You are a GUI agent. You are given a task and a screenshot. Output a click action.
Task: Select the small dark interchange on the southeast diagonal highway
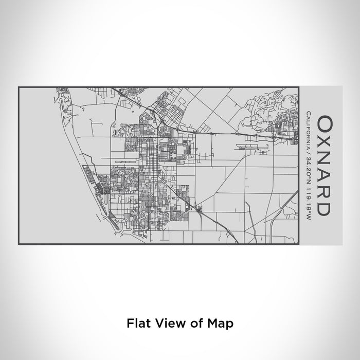200,208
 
